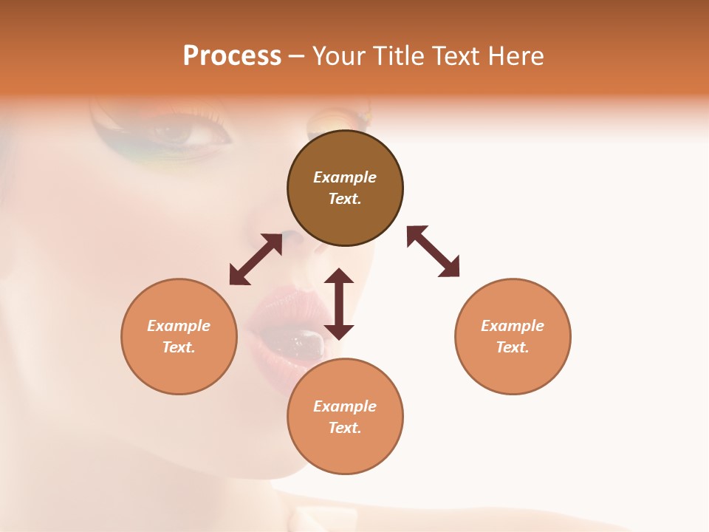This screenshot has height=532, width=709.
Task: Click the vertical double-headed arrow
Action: pos(339,304)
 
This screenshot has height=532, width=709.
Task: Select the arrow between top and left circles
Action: pos(256,259)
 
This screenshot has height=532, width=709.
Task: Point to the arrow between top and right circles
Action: pos(433,251)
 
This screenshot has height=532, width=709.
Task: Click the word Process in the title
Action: pos(232,56)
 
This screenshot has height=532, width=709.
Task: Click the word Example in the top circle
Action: pos(345,177)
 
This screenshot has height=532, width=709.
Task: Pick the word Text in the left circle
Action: pos(179,347)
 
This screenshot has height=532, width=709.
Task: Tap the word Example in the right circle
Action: pos(513,326)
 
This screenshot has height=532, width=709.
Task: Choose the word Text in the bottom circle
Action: pos(345,428)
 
